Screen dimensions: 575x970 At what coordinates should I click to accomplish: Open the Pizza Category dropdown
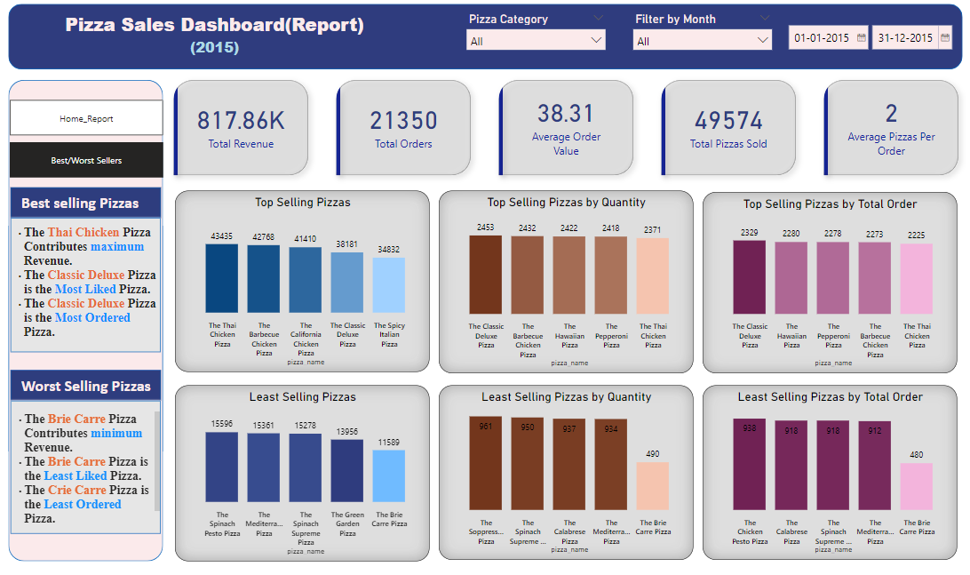coord(536,40)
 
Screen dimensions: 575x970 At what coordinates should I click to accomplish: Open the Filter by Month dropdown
coord(702,40)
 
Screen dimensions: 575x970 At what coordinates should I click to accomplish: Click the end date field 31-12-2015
coord(904,37)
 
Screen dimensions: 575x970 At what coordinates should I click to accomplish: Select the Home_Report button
coord(86,118)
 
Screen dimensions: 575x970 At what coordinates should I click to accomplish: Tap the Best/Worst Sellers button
coord(86,160)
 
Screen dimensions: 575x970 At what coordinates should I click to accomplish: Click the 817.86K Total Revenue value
coord(241,121)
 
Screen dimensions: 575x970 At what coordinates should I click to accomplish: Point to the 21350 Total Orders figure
coord(404,121)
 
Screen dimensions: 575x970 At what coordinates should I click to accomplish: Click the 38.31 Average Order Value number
coord(566,113)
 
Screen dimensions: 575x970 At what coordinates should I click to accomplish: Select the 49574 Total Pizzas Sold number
coord(728,121)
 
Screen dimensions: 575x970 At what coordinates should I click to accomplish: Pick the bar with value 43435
coord(222,277)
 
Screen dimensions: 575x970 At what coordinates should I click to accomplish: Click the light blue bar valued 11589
coord(389,476)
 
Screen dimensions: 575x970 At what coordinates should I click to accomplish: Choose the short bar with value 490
coord(653,485)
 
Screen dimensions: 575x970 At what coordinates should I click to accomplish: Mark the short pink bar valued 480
coord(917,486)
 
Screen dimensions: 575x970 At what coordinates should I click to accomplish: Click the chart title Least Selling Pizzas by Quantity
coord(567,397)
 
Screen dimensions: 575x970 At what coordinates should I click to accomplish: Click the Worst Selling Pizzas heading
coord(86,387)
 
